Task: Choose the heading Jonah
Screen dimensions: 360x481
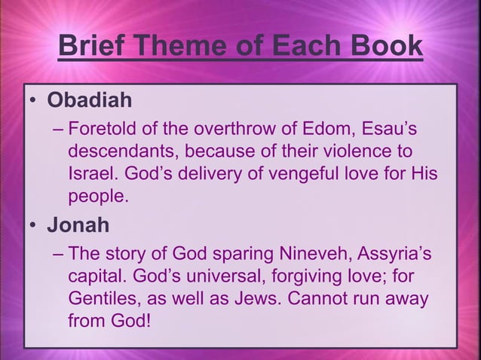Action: coord(78,225)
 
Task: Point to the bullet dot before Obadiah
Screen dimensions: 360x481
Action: coord(33,101)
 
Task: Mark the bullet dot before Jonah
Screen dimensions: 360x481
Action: coord(33,226)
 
